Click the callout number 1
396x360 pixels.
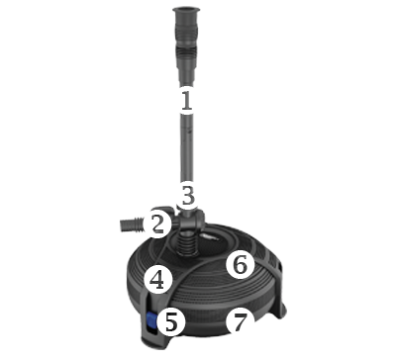(187, 100)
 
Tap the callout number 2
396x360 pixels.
(157, 224)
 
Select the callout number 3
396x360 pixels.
(188, 196)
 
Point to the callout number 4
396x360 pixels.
(157, 281)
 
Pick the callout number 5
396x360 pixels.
(171, 321)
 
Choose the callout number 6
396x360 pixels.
(241, 265)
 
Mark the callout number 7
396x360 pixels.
(241, 322)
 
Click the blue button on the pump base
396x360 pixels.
(151, 320)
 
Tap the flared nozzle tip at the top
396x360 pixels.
(186, 14)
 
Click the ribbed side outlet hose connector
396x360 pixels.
(132, 225)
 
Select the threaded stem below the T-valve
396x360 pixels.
(186, 243)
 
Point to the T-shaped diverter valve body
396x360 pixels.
(189, 220)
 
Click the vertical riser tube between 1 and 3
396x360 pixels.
(187, 147)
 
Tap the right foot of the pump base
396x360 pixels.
(280, 309)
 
